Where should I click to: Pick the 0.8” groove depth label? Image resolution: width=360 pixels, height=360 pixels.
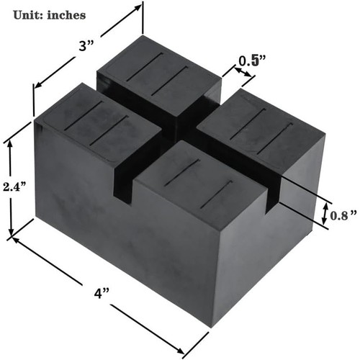344,214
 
